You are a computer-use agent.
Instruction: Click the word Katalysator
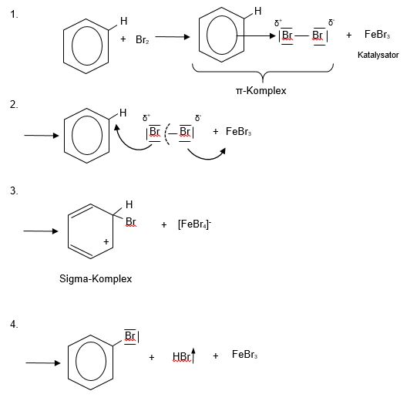coord(378,55)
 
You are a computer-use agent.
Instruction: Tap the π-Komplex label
coord(261,91)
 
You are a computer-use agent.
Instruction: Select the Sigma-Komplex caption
coord(96,279)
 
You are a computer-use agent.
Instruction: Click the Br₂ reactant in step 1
coord(143,39)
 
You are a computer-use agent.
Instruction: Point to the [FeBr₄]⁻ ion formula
coord(194,224)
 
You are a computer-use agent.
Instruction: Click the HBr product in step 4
coord(181,356)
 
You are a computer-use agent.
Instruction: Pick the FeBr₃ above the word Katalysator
coord(377,34)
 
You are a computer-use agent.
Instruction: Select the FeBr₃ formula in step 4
coord(244,355)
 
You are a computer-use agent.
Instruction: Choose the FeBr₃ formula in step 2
coord(238,131)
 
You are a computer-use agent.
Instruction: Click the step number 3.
coord(14,190)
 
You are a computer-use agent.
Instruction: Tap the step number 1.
coord(14,14)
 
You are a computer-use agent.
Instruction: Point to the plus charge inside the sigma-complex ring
coord(106,241)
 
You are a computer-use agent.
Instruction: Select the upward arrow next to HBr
coord(193,356)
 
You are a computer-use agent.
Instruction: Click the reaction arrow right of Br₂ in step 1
coord(173,37)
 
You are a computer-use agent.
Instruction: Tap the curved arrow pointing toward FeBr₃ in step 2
coord(207,156)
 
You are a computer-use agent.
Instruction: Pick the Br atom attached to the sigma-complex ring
coord(130,222)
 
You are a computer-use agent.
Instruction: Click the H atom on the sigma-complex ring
coord(129,204)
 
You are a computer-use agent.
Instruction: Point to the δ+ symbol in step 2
coord(146,118)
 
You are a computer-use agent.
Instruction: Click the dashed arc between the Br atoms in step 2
coord(166,134)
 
